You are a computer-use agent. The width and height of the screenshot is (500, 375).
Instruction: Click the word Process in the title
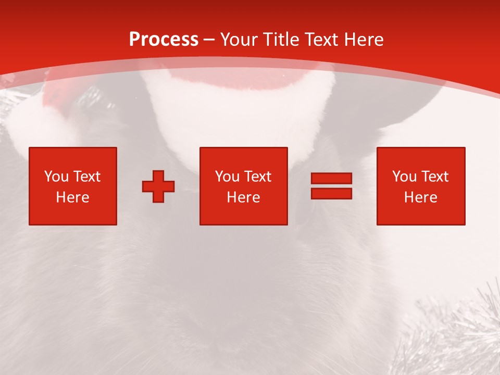click(x=164, y=40)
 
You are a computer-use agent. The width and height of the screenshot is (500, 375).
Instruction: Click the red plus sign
click(x=158, y=186)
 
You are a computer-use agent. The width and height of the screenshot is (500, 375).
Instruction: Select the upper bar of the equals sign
click(x=331, y=178)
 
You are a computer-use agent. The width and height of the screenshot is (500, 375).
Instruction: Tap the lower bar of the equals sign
click(x=331, y=193)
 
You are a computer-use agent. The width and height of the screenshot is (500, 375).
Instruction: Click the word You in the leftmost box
click(x=56, y=177)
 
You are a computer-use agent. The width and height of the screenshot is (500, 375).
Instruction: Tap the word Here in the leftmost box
click(x=72, y=197)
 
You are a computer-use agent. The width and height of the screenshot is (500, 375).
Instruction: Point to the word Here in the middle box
click(x=243, y=197)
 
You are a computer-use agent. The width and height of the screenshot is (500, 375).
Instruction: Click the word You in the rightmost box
click(x=404, y=177)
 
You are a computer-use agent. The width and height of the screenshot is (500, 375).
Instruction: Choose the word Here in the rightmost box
click(x=420, y=197)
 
